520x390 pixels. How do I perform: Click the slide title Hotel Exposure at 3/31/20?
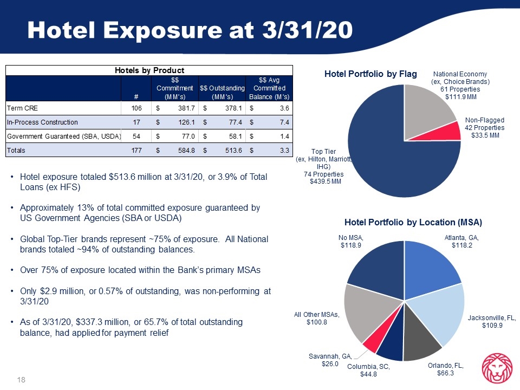[x=190, y=30]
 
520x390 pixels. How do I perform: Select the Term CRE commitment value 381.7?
[x=186, y=108]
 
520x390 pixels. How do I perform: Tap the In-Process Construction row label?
[x=42, y=122]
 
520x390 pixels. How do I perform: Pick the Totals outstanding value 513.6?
[x=233, y=150]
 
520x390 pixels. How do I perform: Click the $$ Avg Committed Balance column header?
[x=269, y=88]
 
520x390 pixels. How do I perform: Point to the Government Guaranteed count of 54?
[x=136, y=136]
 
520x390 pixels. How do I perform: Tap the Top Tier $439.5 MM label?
[x=326, y=181]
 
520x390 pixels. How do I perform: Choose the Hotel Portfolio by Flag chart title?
[x=370, y=74]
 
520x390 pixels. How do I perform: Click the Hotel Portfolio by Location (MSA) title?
[x=413, y=222]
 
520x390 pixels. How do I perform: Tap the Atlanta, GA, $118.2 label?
[x=461, y=242]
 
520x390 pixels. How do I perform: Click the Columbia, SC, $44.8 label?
[x=368, y=370]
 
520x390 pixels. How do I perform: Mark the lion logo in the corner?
[x=497, y=368]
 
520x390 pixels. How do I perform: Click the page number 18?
[x=21, y=380]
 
